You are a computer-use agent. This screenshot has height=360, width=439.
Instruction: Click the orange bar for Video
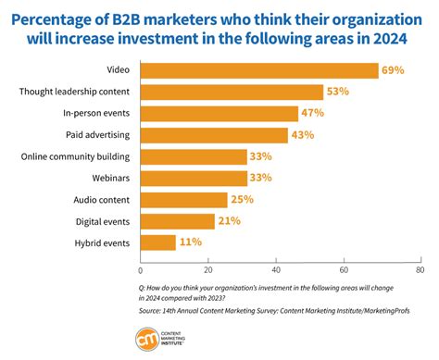259,70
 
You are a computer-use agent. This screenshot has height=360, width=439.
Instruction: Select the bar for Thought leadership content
232,92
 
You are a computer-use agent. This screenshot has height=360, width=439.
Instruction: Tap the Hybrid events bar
158,242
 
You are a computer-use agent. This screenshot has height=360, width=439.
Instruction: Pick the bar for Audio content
183,199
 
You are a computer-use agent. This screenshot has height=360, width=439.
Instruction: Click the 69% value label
393,70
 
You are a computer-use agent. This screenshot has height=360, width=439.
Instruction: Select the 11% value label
190,242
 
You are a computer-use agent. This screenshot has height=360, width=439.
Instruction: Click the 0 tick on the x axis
141,271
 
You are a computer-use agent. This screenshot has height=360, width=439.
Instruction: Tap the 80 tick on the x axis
420,271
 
